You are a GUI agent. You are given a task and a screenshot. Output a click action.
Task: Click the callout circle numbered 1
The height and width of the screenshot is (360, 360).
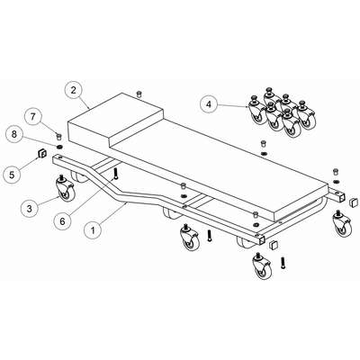pyautogui.click(x=93, y=230)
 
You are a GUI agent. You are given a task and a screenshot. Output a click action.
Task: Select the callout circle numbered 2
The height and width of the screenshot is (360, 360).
pyautogui.click(x=74, y=90)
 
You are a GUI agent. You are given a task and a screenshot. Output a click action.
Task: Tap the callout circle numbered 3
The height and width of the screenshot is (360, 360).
pyautogui.click(x=30, y=209)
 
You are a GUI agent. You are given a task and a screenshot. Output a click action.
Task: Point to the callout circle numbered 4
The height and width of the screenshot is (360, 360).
pyautogui.click(x=209, y=104)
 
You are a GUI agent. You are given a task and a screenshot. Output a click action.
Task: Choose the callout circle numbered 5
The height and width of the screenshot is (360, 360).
pyautogui.click(x=12, y=175)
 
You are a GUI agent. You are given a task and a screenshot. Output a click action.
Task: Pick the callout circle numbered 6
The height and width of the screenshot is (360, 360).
pyautogui.click(x=62, y=221)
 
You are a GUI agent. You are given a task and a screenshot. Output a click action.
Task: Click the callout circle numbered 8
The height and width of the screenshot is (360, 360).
pyautogui.click(x=14, y=134)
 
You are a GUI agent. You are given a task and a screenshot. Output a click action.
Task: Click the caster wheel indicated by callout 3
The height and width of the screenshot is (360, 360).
pyautogui.click(x=65, y=188)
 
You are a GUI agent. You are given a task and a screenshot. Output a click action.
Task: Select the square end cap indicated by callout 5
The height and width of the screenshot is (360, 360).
pyautogui.click(x=41, y=153)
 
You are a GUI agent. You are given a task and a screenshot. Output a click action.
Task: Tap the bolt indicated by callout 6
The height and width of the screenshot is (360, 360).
pyautogui.click(x=116, y=173)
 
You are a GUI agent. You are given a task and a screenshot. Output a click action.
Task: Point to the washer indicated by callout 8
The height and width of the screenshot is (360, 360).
pyautogui.click(x=60, y=147)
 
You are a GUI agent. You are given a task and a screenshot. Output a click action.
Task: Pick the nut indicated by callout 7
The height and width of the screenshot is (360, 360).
pyautogui.click(x=59, y=137)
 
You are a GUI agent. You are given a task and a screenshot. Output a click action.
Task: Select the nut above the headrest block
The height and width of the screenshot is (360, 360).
pyautogui.click(x=139, y=94)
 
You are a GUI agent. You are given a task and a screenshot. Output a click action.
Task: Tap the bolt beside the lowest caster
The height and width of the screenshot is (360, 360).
pyautogui.click(x=283, y=263)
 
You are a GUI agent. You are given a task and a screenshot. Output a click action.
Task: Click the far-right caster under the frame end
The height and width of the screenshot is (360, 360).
pyautogui.click(x=342, y=225)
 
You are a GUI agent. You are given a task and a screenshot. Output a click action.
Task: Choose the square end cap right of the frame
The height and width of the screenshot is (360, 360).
pyautogui.click(x=355, y=202)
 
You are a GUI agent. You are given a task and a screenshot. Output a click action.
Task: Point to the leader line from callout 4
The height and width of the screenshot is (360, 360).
pyautogui.click(x=233, y=105)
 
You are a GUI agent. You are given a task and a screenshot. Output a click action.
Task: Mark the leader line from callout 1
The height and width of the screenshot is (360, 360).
pyautogui.click(x=113, y=213)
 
